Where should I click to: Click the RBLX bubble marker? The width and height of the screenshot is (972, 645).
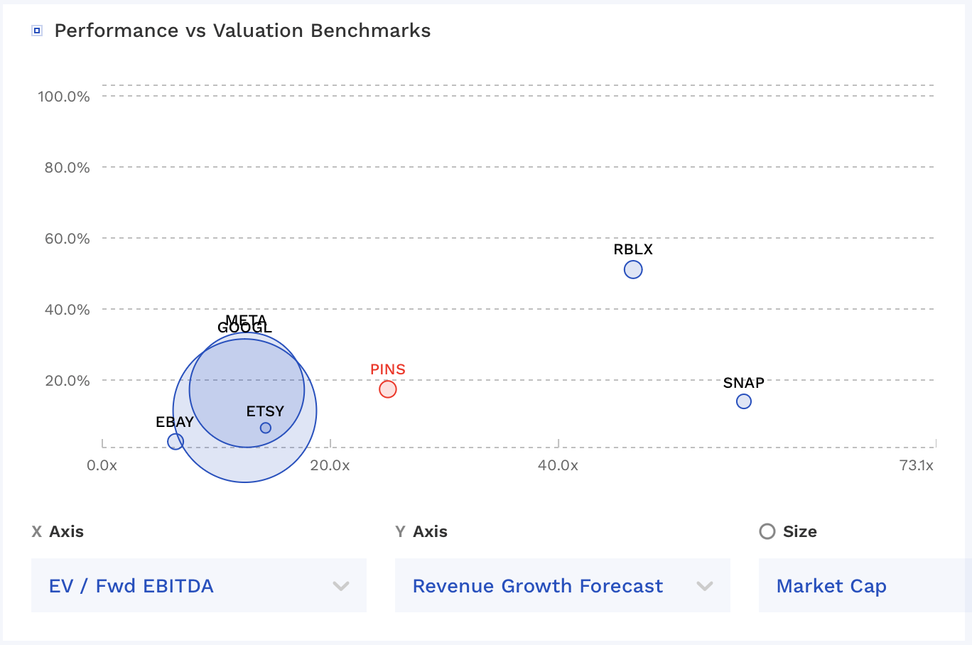pos(633,270)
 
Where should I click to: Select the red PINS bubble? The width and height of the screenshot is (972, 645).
pos(387,389)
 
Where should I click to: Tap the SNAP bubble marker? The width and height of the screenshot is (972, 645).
pos(743,401)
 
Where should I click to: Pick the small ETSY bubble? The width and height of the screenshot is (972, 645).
pos(266,428)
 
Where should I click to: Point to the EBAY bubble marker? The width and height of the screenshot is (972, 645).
pos(175,441)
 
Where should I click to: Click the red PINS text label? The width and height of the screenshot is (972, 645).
pos(388,369)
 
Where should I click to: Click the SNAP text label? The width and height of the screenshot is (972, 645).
pos(743,383)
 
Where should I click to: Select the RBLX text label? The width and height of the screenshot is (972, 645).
pos(633,249)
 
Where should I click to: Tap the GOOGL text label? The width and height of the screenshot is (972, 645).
pos(244,328)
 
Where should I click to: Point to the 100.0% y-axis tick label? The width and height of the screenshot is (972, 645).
pos(64,97)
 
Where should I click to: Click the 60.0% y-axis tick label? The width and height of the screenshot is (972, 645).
pos(67,239)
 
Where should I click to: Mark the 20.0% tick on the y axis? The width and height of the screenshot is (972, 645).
pos(67,381)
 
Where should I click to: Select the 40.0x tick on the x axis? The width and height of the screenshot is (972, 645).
pos(558,465)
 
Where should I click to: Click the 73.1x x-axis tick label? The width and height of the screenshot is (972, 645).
pos(916,465)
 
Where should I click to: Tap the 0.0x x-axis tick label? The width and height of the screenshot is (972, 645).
pos(102,465)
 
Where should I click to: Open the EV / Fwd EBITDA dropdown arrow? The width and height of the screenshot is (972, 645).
pos(341,586)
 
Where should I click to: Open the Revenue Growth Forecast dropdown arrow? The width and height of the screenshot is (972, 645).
pos(705,586)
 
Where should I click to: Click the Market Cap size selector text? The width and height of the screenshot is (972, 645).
pos(831,586)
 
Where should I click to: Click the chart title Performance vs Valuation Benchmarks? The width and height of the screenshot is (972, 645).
pos(242,31)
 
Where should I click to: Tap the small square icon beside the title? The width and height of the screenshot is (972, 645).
pos(37,31)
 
